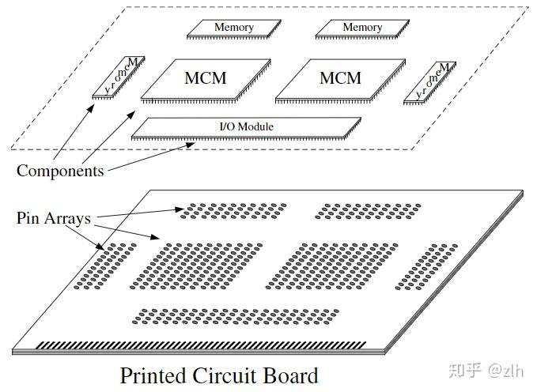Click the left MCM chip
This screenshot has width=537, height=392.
point(204,79)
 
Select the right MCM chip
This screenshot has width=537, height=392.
point(338,79)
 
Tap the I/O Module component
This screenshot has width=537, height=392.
point(246,127)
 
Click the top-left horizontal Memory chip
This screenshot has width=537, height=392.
point(234,28)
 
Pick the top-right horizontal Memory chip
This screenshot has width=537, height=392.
point(362,28)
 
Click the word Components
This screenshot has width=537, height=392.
point(60,171)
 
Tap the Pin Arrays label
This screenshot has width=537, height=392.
point(54,218)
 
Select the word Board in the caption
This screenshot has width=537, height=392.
point(291,375)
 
